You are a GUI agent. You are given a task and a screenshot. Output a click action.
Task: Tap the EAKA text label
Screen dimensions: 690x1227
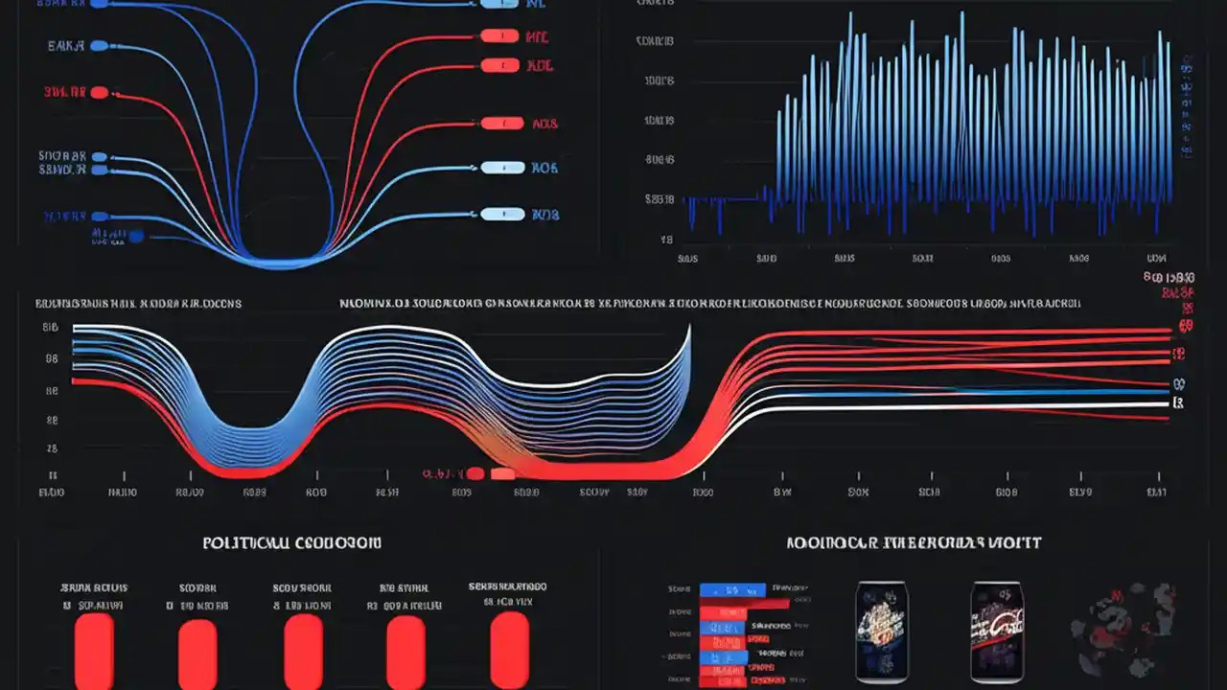tap(65, 45)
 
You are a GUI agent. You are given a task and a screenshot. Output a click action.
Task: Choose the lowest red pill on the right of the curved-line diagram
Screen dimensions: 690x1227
tap(501, 124)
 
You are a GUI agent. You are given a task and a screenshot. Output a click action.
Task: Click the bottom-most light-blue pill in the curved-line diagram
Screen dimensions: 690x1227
tap(501, 214)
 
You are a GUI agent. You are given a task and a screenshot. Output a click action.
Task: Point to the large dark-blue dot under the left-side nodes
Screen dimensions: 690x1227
tap(135, 236)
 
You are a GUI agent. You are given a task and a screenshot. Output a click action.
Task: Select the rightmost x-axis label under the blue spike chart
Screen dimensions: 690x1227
tap(1157, 259)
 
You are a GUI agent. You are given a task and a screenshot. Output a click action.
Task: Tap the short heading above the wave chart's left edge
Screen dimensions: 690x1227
tap(138, 304)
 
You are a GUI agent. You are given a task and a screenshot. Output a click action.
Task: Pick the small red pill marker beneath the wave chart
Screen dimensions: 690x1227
tap(502, 473)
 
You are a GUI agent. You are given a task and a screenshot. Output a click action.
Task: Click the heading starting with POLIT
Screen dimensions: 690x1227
tap(291, 543)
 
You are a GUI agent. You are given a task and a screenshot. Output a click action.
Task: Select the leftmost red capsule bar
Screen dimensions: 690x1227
tap(94, 652)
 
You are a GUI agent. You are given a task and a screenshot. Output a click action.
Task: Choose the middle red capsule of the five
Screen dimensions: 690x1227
tap(303, 652)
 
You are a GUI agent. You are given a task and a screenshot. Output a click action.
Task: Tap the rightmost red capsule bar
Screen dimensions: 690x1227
tap(509, 649)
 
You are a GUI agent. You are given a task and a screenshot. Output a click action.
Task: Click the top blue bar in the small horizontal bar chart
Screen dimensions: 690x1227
tap(733, 589)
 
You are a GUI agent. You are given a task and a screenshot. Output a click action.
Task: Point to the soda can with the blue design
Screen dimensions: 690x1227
tap(882, 632)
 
